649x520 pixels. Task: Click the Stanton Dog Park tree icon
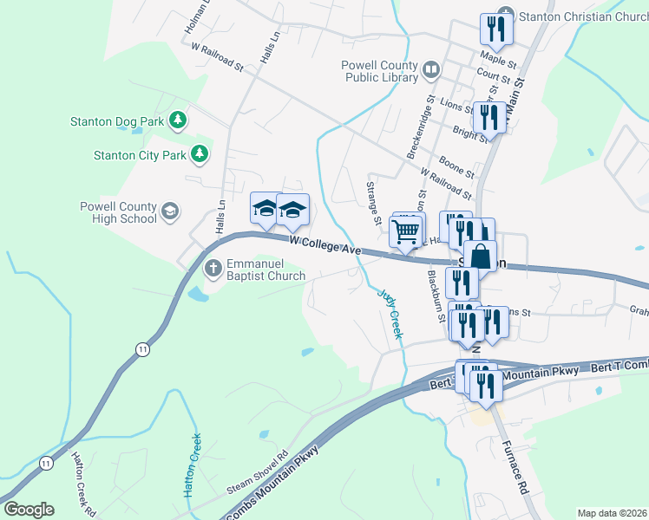179,120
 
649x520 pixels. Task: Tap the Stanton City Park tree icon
200,154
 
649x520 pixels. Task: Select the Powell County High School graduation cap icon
171,211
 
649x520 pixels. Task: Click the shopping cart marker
405,231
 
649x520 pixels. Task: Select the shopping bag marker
480,256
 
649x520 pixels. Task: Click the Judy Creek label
390,312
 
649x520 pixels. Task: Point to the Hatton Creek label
193,464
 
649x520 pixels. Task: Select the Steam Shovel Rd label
258,470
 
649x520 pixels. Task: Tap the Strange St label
374,202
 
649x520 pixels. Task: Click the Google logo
29,510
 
